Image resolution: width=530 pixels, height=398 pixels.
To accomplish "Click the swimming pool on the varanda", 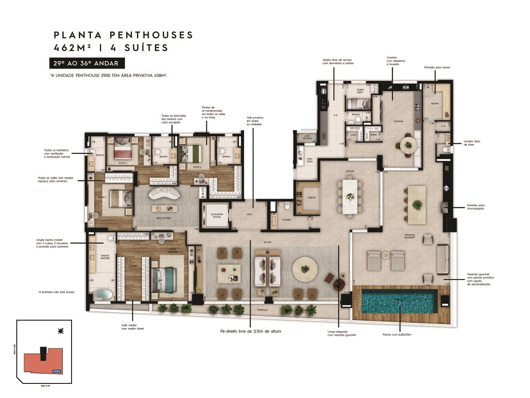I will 399,301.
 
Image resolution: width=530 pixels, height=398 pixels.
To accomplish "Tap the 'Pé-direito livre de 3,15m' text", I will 250,331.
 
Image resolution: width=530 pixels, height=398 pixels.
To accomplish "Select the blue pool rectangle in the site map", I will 56,371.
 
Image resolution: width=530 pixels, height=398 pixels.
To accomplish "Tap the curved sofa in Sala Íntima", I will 163,194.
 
